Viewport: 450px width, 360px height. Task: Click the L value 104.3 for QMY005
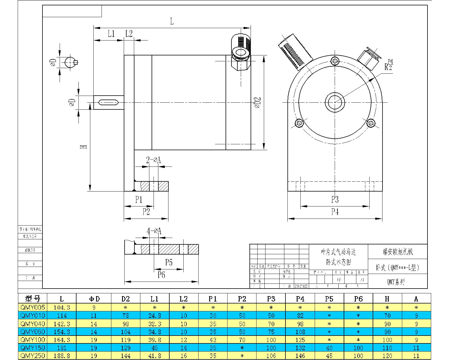point(62,308)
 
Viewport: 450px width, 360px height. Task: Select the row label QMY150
point(33,348)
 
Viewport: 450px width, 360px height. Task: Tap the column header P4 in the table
point(300,299)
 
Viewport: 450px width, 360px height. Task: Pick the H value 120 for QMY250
point(387,356)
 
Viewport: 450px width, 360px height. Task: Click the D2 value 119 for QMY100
point(125,340)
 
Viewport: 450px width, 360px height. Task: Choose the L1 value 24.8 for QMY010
point(154,316)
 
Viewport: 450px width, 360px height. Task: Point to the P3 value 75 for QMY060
point(271,332)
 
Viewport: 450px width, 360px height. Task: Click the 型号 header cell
point(33,299)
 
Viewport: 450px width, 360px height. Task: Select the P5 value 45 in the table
point(329,356)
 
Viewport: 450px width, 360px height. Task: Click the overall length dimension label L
point(172,21)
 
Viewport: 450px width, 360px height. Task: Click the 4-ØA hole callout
point(154,231)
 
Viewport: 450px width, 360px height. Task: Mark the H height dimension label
point(84,147)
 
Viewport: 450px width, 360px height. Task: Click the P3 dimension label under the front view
point(335,199)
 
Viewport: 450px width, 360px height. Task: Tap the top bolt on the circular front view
point(335,60)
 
